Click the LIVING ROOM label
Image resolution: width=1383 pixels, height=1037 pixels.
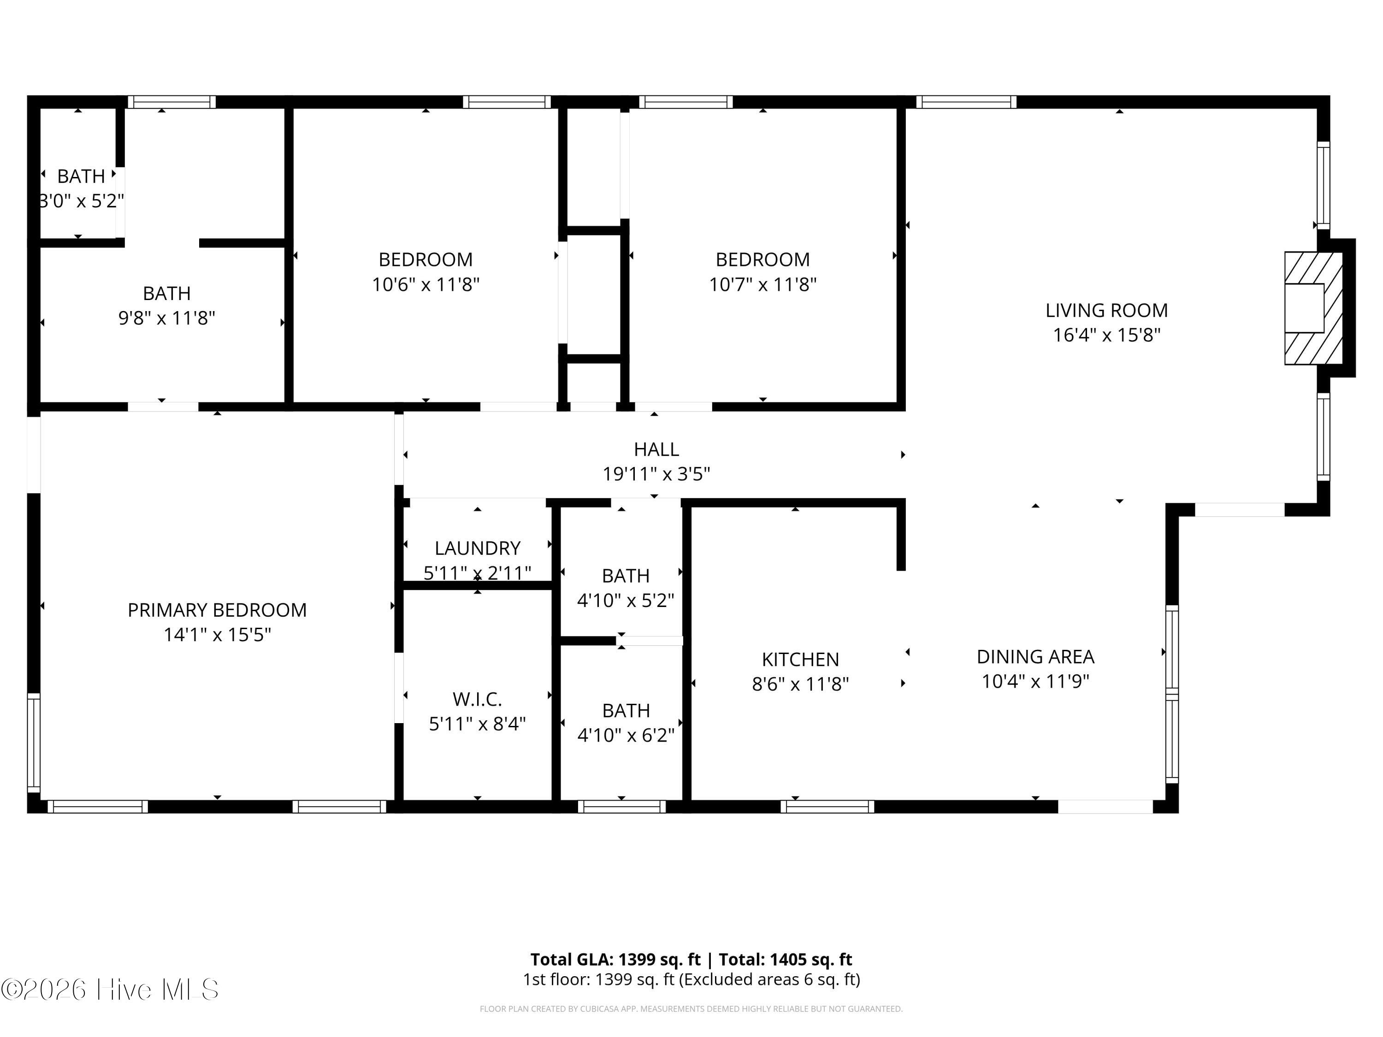(1107, 310)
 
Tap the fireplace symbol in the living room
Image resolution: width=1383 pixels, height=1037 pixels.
(1313, 308)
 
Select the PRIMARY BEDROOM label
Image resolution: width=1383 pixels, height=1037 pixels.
(217, 610)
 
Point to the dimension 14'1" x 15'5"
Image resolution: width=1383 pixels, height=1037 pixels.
(217, 635)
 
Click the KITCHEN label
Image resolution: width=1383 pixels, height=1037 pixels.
(800, 660)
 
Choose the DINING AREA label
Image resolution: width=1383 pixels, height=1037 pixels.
(1035, 657)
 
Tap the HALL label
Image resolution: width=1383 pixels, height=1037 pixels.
(656, 449)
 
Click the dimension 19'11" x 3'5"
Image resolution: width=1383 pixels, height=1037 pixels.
(656, 474)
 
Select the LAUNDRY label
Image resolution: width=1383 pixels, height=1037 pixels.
(478, 548)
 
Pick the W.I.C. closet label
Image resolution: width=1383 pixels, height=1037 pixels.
(477, 699)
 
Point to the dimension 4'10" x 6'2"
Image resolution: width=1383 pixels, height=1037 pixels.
(626, 735)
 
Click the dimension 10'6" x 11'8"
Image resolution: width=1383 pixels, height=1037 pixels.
(426, 285)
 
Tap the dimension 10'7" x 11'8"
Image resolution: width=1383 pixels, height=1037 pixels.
(763, 285)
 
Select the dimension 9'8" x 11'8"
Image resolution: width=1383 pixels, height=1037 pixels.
(167, 318)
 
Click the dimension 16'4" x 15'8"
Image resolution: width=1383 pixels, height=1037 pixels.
(1107, 335)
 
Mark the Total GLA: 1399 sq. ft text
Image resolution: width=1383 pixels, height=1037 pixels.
(616, 960)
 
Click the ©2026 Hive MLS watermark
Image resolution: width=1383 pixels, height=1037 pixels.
(110, 990)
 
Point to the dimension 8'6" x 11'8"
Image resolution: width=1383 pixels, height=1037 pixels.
(800, 684)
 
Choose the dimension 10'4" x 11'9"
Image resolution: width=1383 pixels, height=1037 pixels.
(1035, 681)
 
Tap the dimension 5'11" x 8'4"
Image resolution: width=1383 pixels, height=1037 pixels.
(477, 724)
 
